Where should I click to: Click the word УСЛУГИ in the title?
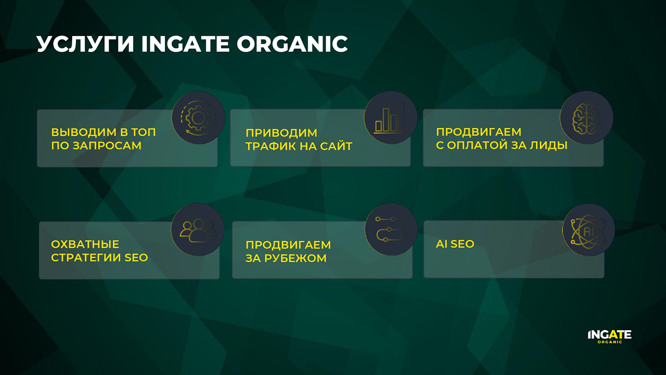click(85, 44)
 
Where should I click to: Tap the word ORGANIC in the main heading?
click(292, 44)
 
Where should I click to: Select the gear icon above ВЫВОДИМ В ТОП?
click(198, 118)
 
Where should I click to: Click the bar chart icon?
click(390, 118)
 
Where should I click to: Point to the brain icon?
click(586, 118)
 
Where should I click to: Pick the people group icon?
click(198, 230)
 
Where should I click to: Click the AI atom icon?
click(588, 231)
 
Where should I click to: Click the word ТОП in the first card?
click(144, 132)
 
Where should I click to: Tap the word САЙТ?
click(336, 146)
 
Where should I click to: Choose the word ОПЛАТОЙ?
click(477, 145)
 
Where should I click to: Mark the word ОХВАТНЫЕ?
click(85, 244)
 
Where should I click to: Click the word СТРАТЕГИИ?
click(86, 258)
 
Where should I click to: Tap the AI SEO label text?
click(455, 244)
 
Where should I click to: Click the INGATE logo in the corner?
click(609, 337)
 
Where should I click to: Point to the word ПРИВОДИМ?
click(281, 133)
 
